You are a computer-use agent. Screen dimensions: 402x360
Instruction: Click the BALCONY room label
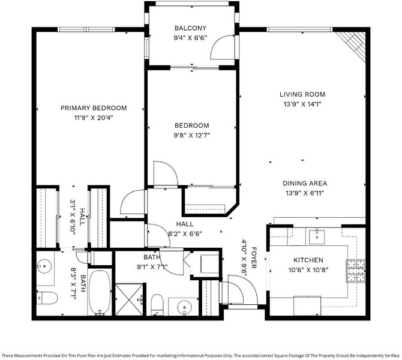pos(190,28)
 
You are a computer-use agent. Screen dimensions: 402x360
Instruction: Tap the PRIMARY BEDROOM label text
pos(94,108)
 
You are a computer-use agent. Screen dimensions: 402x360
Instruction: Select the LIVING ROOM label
pos(302,94)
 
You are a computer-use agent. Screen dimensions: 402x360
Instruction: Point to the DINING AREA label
pos(305,184)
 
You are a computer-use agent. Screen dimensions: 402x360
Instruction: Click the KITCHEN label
pos(308,260)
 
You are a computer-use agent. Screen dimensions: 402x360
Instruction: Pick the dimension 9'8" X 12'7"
pos(192,135)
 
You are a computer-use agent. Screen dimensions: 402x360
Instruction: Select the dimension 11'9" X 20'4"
pos(94,118)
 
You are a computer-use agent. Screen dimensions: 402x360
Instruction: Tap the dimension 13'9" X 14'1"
pos(302,104)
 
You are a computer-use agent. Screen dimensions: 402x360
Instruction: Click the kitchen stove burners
pos(356,271)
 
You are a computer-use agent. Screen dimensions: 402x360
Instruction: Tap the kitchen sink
pos(317,237)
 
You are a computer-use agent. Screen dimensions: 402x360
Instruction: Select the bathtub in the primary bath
pos(100,292)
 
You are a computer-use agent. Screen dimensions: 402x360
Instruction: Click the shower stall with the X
pos(129,299)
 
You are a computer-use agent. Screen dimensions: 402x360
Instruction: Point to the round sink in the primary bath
pos(44,266)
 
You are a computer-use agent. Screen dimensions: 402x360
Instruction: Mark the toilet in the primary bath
pos(47,298)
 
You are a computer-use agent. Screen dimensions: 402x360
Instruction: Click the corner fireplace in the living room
pos(352,46)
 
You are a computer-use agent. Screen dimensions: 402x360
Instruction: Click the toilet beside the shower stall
pos(157,304)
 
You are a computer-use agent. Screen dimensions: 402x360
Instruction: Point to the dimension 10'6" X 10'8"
pos(308,270)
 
